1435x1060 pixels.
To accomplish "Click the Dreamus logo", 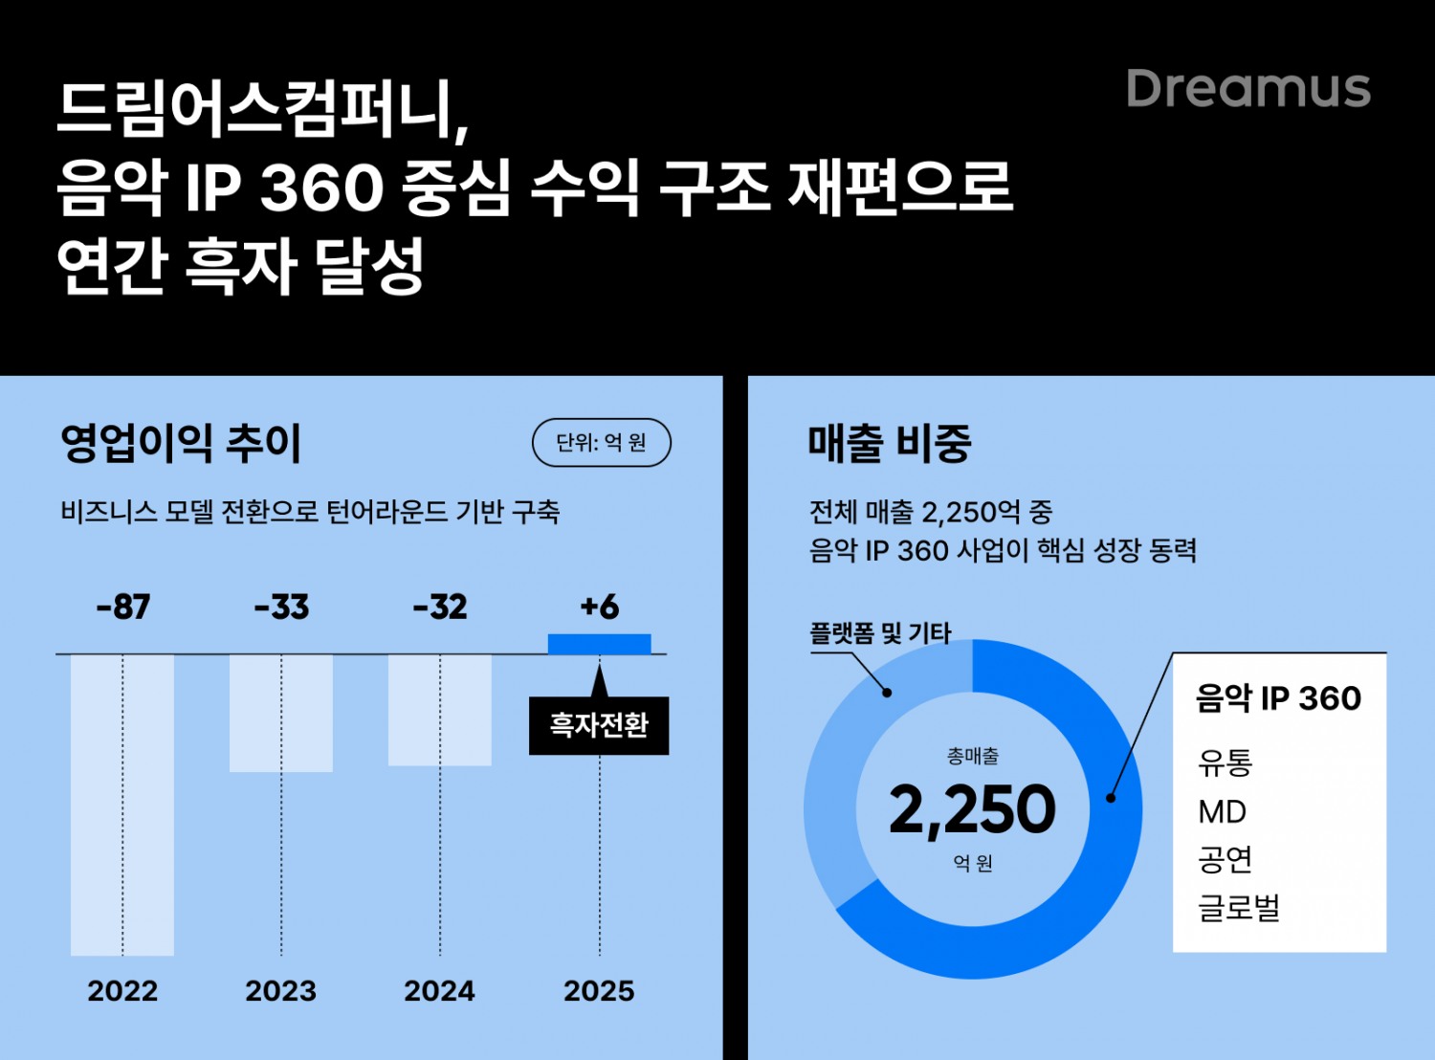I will coord(1248,88).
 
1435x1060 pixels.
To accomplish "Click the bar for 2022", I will coord(122,804).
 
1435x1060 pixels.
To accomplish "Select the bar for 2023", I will coord(281,713).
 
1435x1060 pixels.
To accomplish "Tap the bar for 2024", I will coord(440,710).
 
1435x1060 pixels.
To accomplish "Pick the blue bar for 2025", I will coord(600,644).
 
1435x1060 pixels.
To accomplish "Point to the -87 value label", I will coord(123,607).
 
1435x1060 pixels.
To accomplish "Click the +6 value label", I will coord(600,607).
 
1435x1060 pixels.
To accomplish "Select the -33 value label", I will coord(281,607).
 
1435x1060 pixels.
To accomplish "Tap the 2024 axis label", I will coord(439,990).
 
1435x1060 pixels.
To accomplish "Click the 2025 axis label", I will coord(599,990).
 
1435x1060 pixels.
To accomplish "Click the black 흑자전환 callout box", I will coord(599,725).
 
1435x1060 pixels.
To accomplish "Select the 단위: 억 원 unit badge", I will coord(602,442).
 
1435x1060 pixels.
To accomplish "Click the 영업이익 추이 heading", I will coord(181,443).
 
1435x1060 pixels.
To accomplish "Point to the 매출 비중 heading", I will coord(890,443).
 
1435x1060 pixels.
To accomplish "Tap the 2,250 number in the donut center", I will coord(972,809).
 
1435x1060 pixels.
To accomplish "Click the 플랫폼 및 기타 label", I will coord(880,632).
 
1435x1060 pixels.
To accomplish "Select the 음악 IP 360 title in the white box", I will coord(1278,698).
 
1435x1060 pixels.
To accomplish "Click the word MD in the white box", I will coord(1222,811).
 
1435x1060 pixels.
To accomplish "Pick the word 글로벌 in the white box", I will coord(1239,906).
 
